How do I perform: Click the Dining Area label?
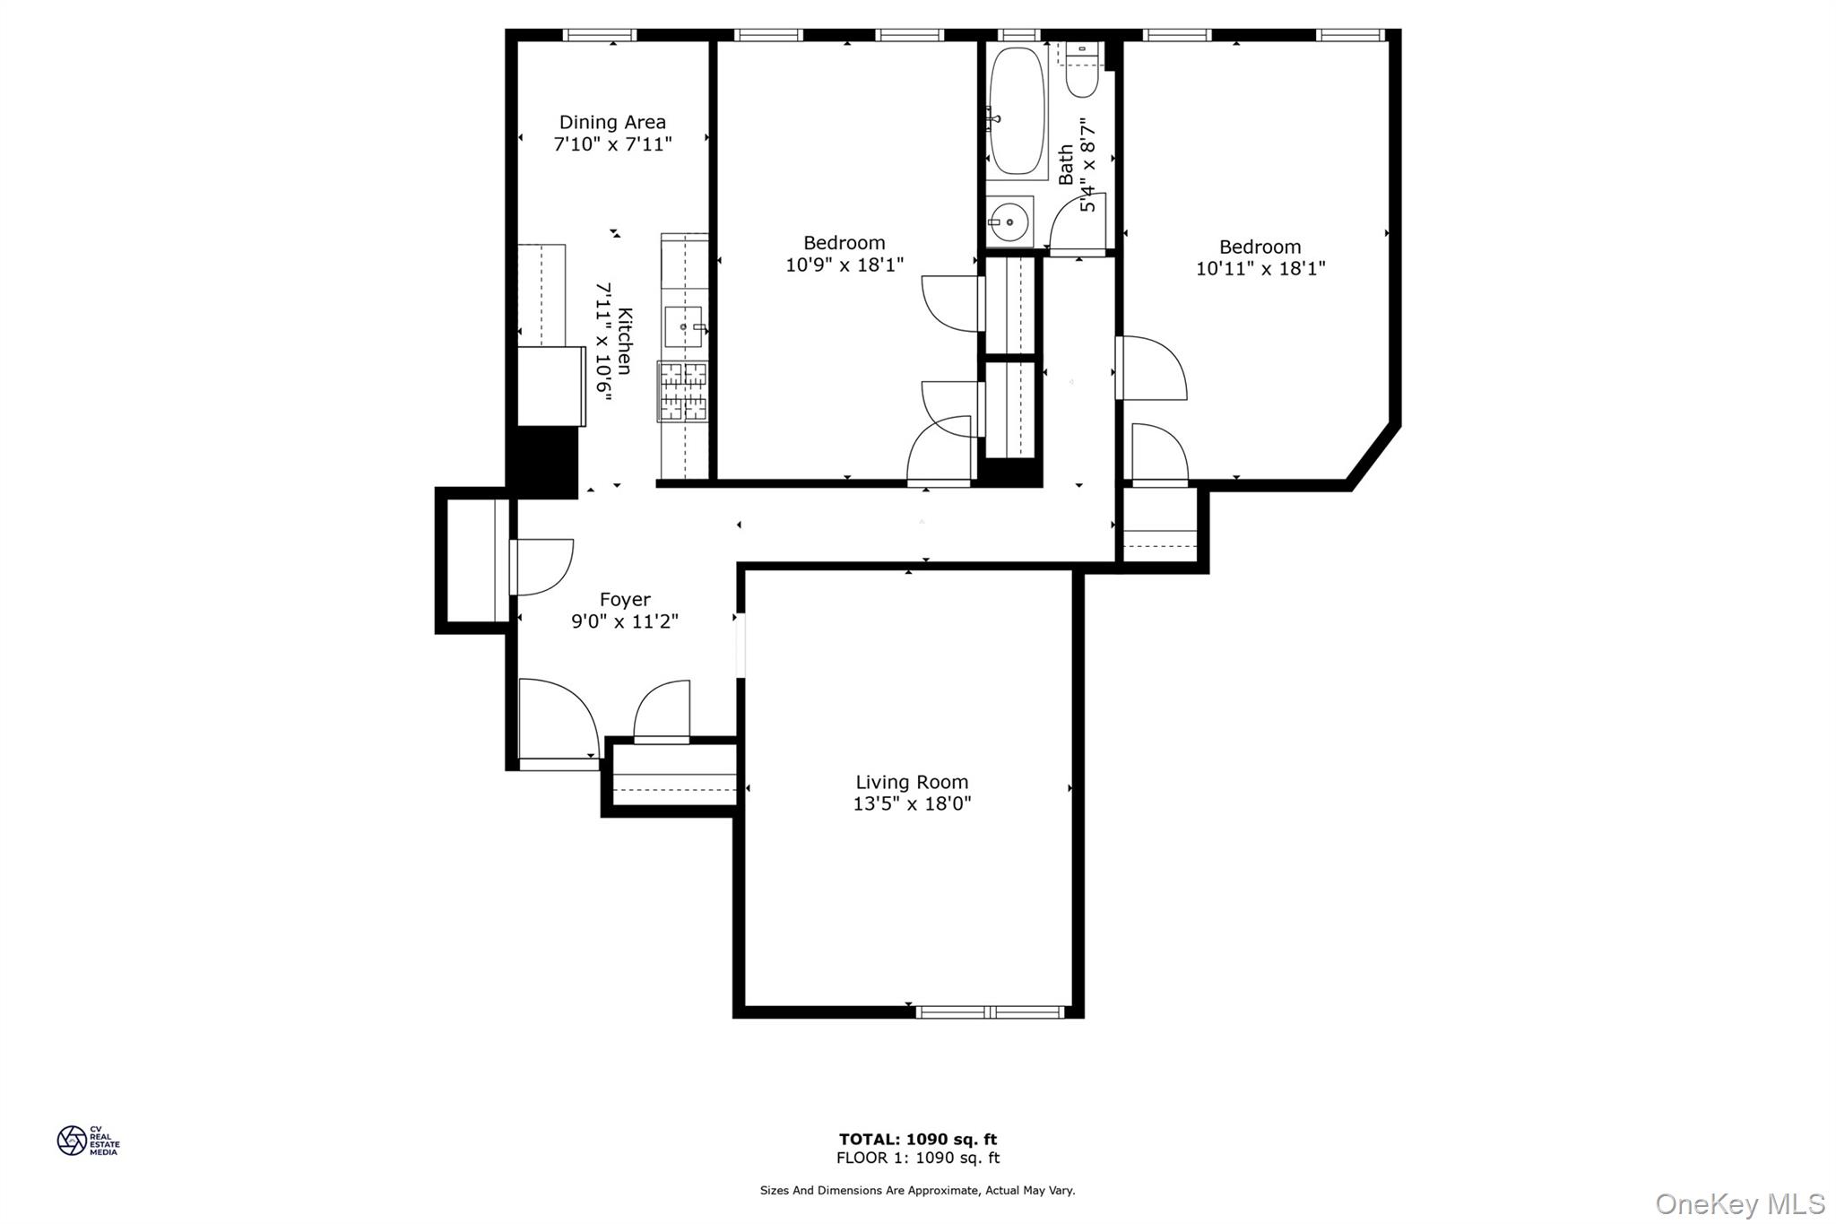point(612,122)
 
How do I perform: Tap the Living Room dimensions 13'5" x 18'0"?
point(912,804)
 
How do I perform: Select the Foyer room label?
point(625,599)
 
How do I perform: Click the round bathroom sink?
point(1010,221)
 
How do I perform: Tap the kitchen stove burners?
point(682,391)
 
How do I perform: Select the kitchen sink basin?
point(683,326)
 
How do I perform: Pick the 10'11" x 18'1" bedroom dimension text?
point(1260,268)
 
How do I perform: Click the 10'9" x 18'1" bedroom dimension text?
point(844,265)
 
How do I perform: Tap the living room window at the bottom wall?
point(990,1011)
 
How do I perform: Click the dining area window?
point(600,35)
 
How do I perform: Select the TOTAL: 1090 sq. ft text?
point(917,1139)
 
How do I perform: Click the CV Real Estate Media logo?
point(88,1141)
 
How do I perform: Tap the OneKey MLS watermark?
point(1739,1203)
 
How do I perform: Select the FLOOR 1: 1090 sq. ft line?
point(917,1158)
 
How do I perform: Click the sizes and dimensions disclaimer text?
point(917,1191)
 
